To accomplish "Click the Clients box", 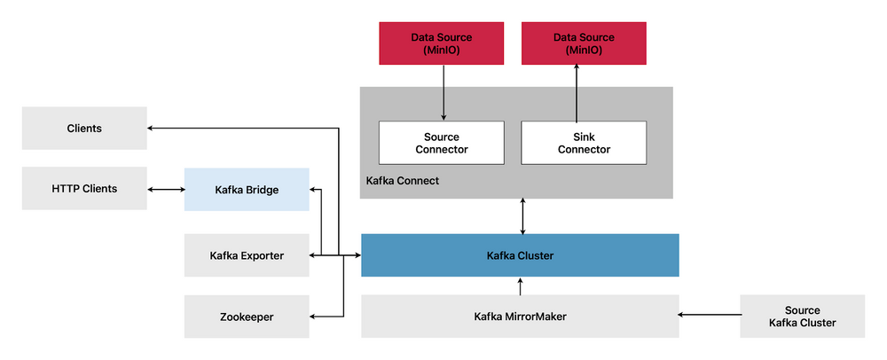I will coord(84,129).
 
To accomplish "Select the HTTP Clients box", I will coord(84,189).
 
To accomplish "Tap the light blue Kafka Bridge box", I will coord(247,190).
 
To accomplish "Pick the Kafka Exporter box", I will coord(247,255).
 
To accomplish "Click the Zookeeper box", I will coord(247,317).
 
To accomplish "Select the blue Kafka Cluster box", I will coord(520,255).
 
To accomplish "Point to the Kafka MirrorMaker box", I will coord(520,317).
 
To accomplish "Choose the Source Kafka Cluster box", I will coord(802,317).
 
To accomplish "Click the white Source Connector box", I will coord(441,143).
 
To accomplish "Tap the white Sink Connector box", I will coord(584,143).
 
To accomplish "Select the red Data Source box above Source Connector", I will coord(441,43).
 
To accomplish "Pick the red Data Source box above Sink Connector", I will coord(584,43).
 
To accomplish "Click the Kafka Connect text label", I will coord(402,181).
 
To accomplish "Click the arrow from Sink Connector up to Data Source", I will coord(577,93).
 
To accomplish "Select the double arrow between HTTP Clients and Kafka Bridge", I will coord(166,190).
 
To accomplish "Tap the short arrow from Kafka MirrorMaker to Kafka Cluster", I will coord(521,286).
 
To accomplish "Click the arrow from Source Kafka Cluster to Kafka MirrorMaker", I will coord(710,314).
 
